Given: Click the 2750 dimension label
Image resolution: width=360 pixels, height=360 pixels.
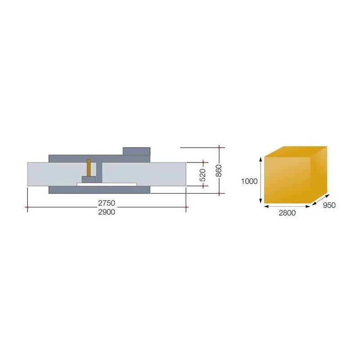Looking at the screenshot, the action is (x=107, y=203).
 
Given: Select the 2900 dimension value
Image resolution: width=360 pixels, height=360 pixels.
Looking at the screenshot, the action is (x=107, y=212).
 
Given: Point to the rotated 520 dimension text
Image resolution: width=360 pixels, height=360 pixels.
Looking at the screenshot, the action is (x=203, y=175).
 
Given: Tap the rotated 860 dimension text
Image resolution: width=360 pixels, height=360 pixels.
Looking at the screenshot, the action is (x=219, y=171).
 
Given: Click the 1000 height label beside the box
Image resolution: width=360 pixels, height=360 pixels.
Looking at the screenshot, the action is (x=249, y=181).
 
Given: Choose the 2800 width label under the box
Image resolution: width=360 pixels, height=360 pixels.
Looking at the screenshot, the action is (x=287, y=213).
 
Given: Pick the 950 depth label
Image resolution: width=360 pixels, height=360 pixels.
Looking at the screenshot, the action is (x=329, y=205).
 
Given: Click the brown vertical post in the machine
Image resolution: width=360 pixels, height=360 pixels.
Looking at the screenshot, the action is (x=89, y=167).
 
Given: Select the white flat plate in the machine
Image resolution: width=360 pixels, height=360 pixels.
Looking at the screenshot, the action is (x=107, y=184).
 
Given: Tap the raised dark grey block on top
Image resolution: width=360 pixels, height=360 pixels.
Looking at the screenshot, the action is (x=136, y=151).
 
